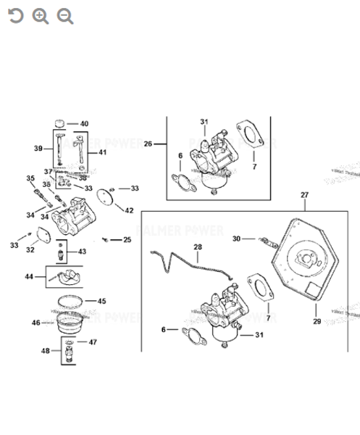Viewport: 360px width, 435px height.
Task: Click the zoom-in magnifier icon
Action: [x=41, y=16]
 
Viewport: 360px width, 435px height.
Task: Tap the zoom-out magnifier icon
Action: [x=65, y=16]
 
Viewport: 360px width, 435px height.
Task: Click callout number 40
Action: [x=84, y=124]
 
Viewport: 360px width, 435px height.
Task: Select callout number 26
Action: [x=148, y=144]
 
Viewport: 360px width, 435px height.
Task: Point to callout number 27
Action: [x=304, y=195]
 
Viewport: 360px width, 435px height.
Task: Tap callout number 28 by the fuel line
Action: [x=198, y=248]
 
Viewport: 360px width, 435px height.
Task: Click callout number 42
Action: [x=128, y=211]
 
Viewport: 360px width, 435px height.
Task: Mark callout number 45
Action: [x=101, y=301]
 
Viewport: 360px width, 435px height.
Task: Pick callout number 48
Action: [x=46, y=352]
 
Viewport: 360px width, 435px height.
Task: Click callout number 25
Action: [x=127, y=240]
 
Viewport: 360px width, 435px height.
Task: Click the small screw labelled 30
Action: [x=265, y=239]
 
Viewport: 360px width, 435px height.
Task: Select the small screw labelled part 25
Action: [x=107, y=239]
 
